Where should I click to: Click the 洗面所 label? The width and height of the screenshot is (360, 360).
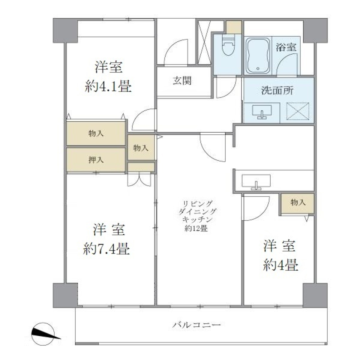277,90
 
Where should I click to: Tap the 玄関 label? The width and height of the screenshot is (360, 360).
182,81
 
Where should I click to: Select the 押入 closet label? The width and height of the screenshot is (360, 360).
96,160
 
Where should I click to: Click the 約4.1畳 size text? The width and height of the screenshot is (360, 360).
108,87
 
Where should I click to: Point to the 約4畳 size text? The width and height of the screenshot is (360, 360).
280,265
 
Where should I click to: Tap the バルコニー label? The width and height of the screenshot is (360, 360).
196,324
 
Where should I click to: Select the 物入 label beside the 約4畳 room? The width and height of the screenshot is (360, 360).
298,202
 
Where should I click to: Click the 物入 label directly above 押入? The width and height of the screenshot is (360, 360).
96,133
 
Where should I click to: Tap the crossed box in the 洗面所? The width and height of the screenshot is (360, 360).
297,111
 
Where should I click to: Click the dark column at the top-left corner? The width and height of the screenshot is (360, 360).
65,30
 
